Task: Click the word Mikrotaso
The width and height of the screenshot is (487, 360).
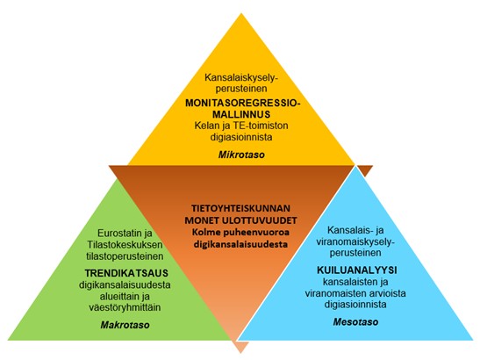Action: tap(241, 155)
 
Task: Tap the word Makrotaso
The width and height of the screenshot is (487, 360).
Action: tap(125, 325)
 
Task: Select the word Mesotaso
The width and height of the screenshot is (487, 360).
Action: tap(355, 321)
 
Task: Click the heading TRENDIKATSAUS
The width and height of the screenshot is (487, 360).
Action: tap(126, 273)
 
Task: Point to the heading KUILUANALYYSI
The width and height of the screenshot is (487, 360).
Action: tap(357, 270)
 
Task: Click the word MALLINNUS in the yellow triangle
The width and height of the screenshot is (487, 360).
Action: tap(241, 114)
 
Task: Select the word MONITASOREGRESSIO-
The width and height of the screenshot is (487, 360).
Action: tap(243, 104)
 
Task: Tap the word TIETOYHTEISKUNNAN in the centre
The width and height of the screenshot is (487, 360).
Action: tap(240, 208)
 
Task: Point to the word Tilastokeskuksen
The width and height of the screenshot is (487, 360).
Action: tap(125, 245)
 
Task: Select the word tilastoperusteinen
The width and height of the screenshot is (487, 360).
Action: tap(125, 256)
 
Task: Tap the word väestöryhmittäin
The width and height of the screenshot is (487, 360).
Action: tap(125, 307)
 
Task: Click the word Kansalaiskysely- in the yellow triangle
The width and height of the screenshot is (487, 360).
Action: tap(241, 78)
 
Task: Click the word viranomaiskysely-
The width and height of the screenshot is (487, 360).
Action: tap(355, 241)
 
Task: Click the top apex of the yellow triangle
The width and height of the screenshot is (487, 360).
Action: tap(241, 13)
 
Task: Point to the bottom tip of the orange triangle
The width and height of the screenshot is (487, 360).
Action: tap(240, 353)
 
